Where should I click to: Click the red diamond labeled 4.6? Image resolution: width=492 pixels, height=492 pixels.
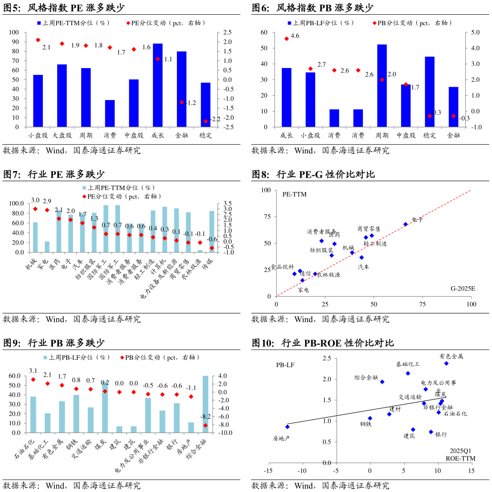[x=287, y=39]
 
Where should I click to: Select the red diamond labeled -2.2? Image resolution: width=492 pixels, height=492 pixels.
[x=205, y=121]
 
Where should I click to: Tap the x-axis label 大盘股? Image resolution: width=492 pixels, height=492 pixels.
[x=62, y=135]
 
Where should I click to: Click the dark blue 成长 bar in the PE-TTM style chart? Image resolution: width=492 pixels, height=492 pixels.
[x=157, y=85]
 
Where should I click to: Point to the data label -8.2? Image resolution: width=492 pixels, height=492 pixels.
[x=205, y=416]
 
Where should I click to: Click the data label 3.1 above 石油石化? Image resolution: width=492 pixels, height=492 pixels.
[x=33, y=371]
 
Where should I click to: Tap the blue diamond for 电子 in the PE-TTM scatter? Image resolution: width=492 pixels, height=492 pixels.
[x=406, y=224]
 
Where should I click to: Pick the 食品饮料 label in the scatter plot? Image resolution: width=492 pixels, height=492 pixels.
[x=283, y=267]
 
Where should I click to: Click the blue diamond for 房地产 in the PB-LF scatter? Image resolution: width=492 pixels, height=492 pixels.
[x=287, y=427]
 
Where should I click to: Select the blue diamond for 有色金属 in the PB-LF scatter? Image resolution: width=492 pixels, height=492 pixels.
[x=446, y=363]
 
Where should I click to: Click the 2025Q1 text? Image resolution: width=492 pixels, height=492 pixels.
[x=460, y=450]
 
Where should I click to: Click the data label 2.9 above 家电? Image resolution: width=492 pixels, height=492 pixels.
[x=47, y=201]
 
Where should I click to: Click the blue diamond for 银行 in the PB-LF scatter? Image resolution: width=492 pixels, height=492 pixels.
[x=431, y=432]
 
